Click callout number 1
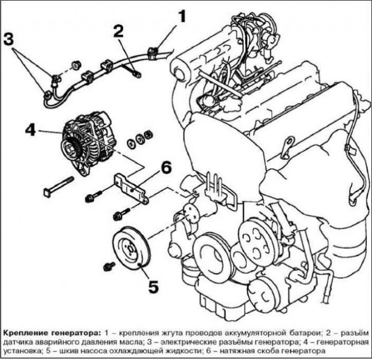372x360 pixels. tap(181, 17)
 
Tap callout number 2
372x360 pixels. tap(119, 31)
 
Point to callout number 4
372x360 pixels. tap(30, 130)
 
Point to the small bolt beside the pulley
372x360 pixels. tap(110, 266)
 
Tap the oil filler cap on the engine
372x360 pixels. tap(178, 72)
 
